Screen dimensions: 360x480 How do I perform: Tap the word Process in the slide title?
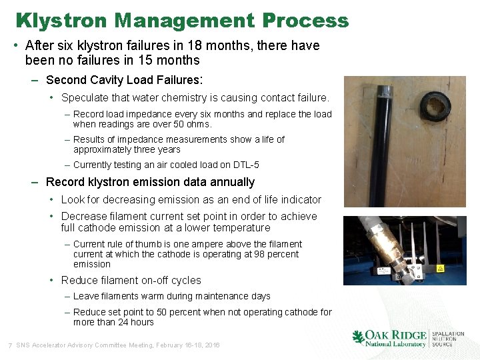[305, 21]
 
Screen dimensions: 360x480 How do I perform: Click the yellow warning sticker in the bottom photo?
[439, 267]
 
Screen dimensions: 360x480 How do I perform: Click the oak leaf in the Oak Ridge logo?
[359, 337]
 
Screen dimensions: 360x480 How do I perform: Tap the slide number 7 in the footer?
[9, 345]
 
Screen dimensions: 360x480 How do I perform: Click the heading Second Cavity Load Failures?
[123, 80]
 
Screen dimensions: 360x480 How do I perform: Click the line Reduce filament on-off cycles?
[131, 280]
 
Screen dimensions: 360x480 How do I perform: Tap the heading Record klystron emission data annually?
[150, 182]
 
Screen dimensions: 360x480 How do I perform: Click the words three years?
[158, 149]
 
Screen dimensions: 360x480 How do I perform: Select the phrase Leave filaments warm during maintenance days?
[171, 296]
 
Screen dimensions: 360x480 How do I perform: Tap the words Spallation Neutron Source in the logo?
[448, 339]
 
